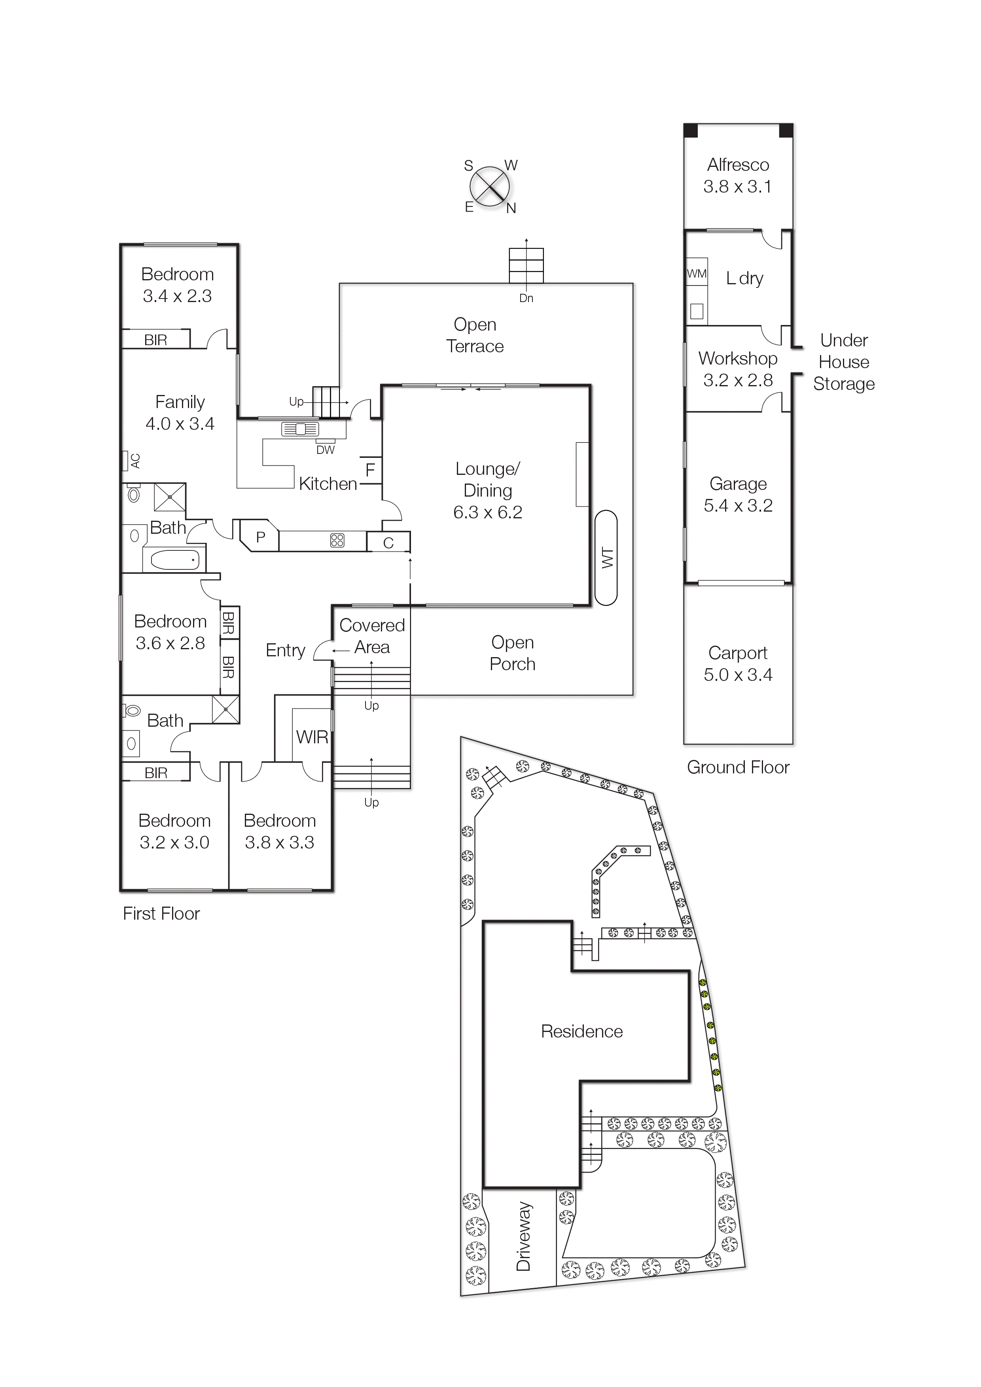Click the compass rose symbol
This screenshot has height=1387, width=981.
[490, 186]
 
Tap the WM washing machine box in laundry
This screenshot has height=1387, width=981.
[696, 274]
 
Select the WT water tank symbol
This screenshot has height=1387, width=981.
[606, 557]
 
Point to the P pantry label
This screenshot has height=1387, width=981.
[261, 537]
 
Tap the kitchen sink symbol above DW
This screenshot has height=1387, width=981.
[300, 429]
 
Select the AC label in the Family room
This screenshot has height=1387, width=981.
[135, 461]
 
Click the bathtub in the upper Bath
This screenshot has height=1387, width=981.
[175, 559]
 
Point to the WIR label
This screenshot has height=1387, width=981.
[312, 737]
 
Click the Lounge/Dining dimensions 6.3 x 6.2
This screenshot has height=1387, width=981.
[487, 512]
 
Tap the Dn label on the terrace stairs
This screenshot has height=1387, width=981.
[526, 298]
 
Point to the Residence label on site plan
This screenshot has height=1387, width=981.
[581, 1031]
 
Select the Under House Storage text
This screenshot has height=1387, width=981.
[843, 362]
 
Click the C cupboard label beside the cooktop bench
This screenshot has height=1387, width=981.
[388, 542]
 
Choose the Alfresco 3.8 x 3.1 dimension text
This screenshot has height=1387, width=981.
[737, 187]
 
